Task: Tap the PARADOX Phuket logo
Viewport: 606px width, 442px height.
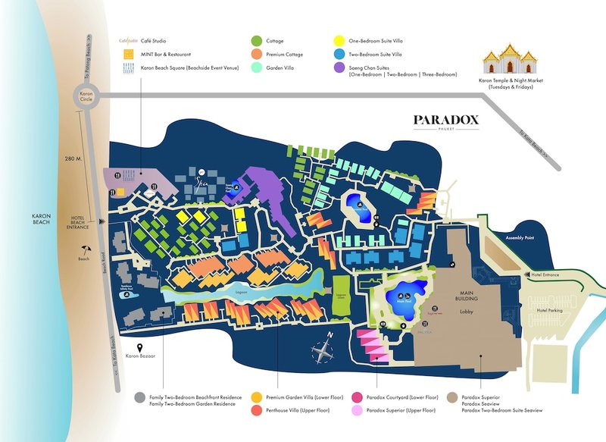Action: click(446, 121)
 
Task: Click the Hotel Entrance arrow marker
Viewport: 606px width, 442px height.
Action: click(520, 276)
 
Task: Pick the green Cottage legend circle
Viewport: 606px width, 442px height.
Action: click(257, 40)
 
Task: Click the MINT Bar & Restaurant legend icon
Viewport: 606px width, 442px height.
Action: click(129, 54)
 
